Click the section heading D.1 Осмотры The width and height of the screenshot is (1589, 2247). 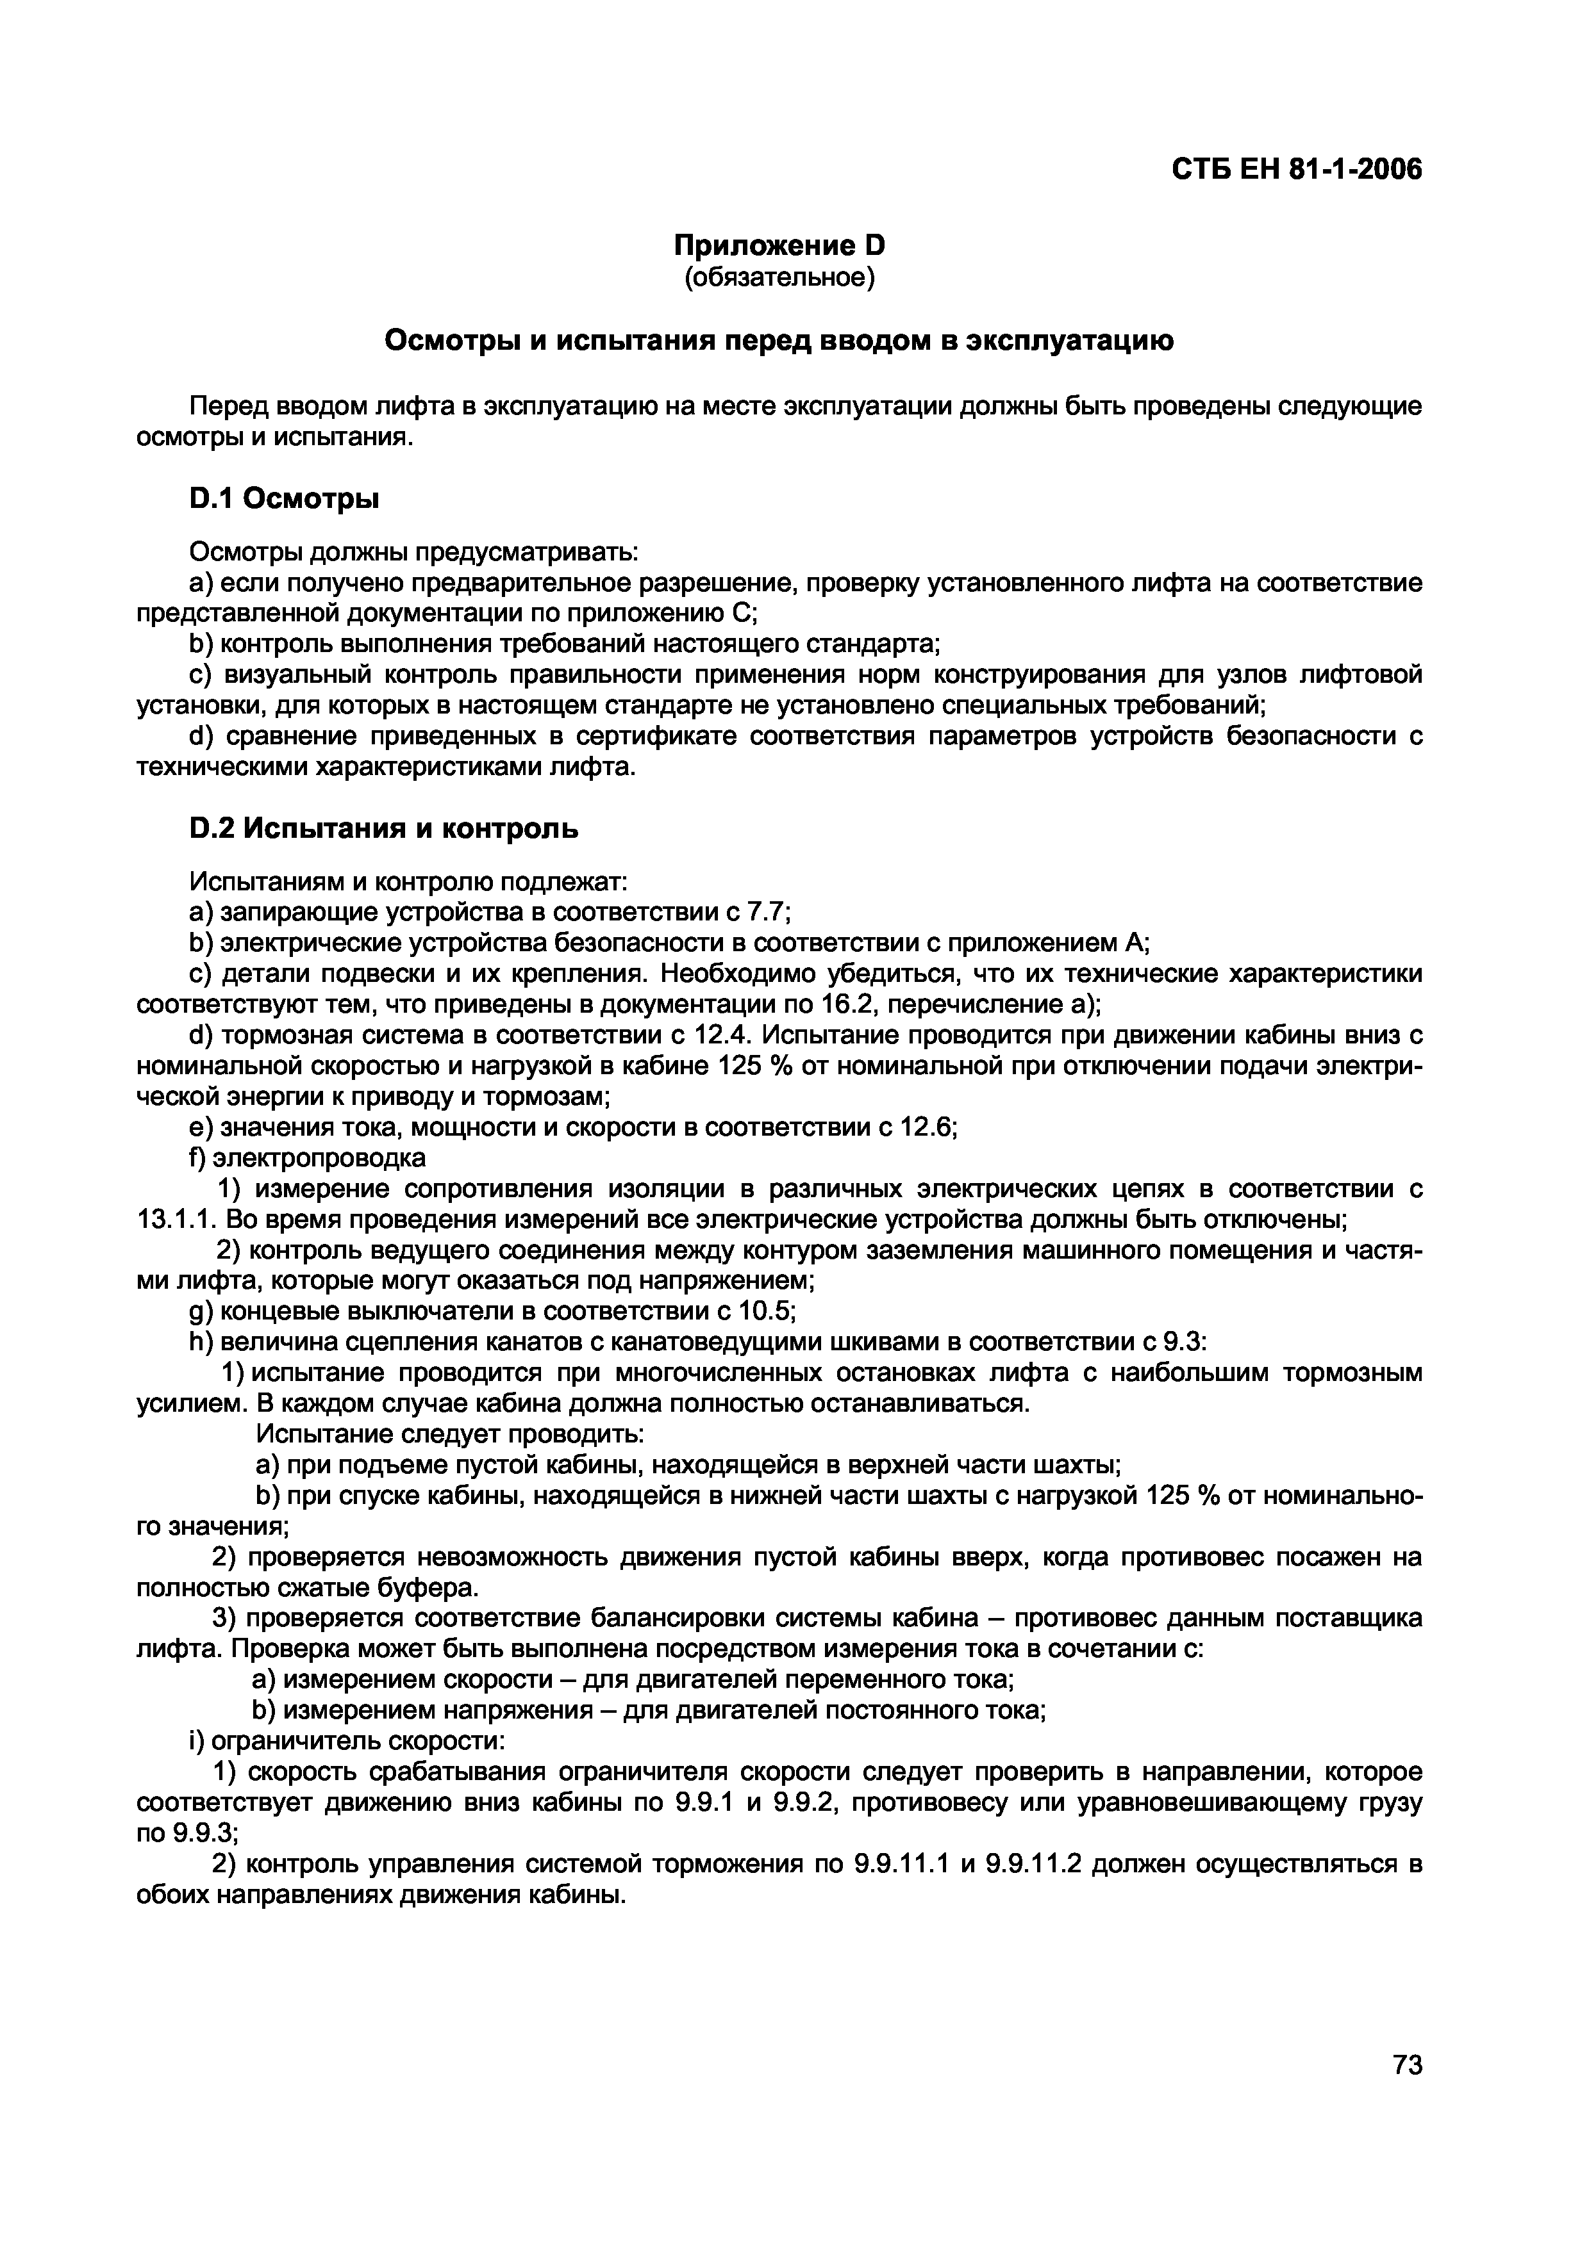point(284,499)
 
